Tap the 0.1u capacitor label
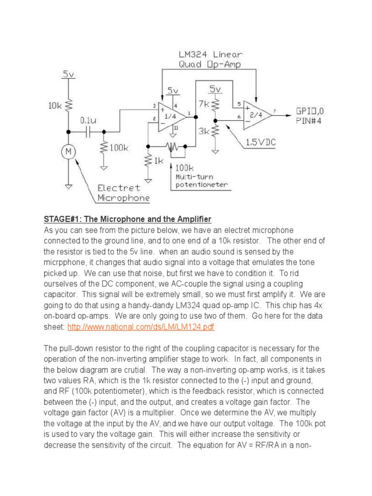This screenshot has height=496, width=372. click(x=88, y=119)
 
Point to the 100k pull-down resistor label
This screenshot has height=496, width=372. click(x=118, y=147)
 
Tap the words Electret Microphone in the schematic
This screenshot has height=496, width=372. click(x=123, y=193)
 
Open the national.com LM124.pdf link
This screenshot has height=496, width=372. click(x=141, y=327)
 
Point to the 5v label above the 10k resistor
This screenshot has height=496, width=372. click(x=68, y=75)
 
